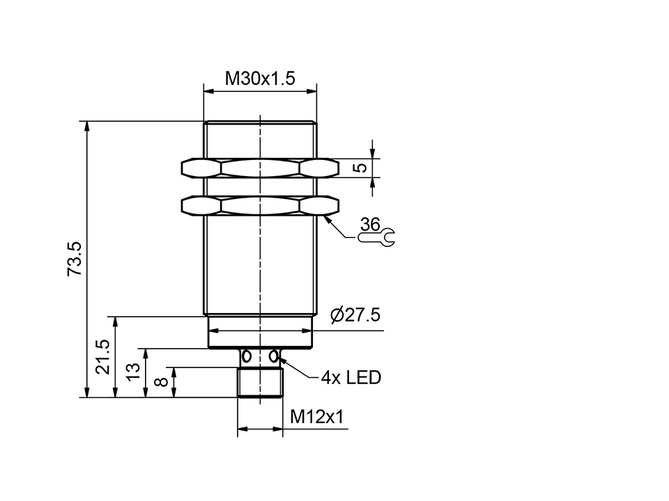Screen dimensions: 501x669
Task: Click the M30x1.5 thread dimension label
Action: pyautogui.click(x=259, y=79)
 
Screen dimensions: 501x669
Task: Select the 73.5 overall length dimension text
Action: pyautogui.click(x=75, y=259)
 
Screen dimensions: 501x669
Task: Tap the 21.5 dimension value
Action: pyautogui.click(x=102, y=357)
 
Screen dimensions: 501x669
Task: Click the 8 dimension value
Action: pyautogui.click(x=160, y=382)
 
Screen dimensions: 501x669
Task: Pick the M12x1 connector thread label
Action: pyautogui.click(x=317, y=417)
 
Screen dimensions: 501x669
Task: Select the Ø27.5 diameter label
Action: pyautogui.click(x=355, y=316)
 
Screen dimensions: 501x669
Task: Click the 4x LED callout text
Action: pyautogui.click(x=351, y=378)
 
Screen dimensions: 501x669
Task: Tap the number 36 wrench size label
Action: pyautogui.click(x=371, y=224)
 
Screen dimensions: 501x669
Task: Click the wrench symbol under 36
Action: pyautogui.click(x=376, y=238)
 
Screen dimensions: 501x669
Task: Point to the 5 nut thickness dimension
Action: pyautogui.click(x=359, y=168)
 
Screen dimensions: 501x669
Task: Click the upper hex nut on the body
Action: pyautogui.click(x=259, y=168)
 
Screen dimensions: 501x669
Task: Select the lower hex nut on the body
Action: pyautogui.click(x=259, y=205)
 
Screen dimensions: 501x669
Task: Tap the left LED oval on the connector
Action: pyautogui.click(x=245, y=356)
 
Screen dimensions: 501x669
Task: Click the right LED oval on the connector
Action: pyautogui.click(x=274, y=356)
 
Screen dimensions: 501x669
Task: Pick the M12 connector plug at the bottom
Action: pyautogui.click(x=259, y=382)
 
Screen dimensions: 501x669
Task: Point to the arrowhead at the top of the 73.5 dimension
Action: pyautogui.click(x=86, y=126)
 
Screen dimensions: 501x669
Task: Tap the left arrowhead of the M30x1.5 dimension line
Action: pyautogui.click(x=207, y=90)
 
